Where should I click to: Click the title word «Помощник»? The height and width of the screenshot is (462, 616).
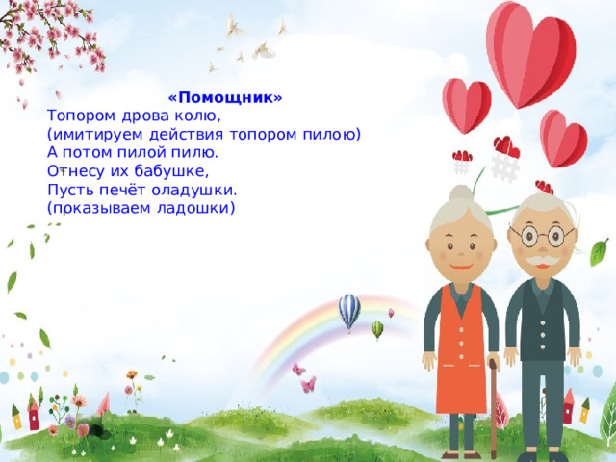point(225,97)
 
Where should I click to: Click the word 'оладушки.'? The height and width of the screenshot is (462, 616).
point(194,191)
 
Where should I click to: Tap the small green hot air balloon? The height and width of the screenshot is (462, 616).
point(377,329)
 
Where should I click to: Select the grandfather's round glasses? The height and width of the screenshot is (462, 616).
point(542,236)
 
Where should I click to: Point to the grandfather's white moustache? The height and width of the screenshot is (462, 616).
point(543,261)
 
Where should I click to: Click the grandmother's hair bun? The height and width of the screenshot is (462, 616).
point(461,194)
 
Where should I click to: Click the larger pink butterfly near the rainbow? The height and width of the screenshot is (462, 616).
point(308,384)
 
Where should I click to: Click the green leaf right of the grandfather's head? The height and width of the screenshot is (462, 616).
point(600,252)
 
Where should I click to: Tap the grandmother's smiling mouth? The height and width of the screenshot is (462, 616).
point(461,268)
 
